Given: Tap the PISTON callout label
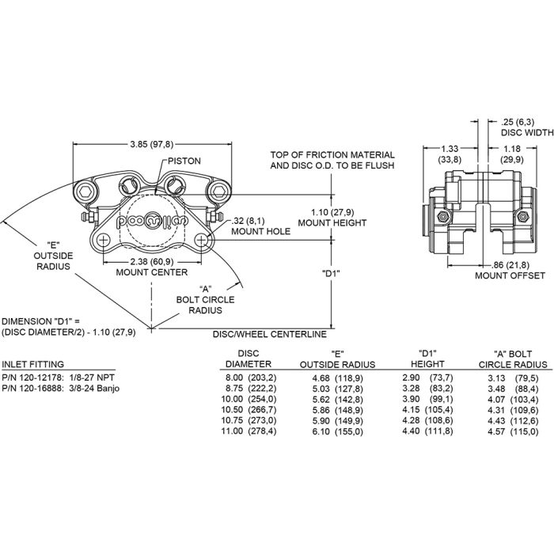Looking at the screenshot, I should tap(184, 161).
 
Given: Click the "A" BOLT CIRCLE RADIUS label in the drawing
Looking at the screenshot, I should tap(204, 300).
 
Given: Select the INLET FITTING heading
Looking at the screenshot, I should tap(29, 365).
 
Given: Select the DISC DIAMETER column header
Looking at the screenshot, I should tap(243, 359).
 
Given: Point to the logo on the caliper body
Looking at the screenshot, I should tap(151, 222).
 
